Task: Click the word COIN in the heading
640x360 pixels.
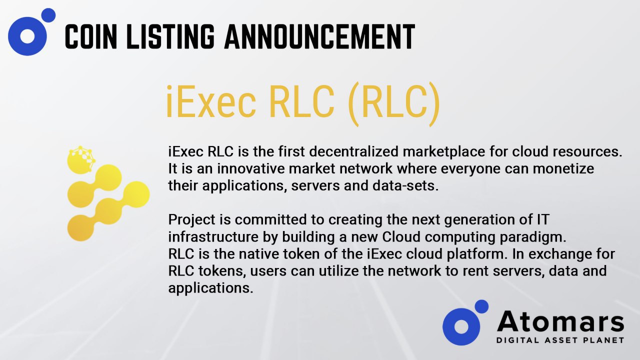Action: point(91,36)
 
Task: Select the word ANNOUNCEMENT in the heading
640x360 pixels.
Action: point(319,36)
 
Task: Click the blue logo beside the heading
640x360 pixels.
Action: point(31,31)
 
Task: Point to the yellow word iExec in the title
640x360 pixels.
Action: point(211,101)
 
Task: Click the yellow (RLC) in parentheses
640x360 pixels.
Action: point(394,104)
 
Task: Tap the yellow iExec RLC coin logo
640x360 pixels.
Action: point(108,193)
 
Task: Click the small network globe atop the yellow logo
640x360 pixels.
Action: point(81,159)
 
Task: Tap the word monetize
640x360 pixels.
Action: point(563,168)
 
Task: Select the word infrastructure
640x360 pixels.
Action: point(213,237)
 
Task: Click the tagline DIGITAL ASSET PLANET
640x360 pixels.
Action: point(560,340)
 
